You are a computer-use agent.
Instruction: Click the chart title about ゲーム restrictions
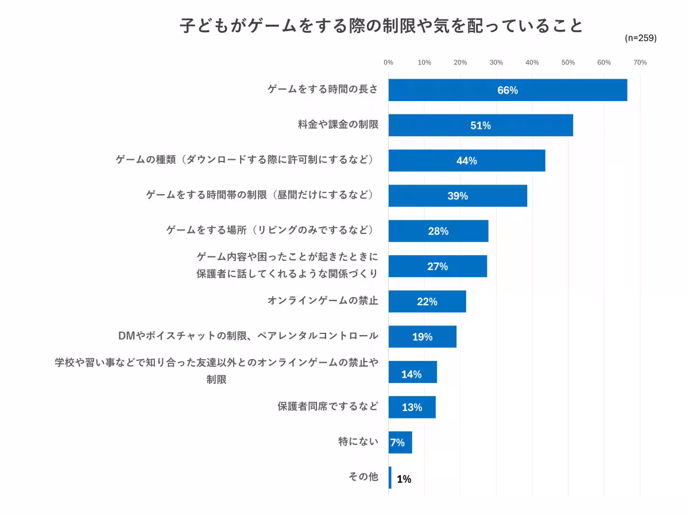tap(381, 26)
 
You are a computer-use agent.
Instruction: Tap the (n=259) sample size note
tap(640, 38)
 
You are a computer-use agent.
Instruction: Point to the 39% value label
tap(458, 196)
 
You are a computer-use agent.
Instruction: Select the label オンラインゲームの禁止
tap(323, 301)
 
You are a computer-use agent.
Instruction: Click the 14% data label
tap(411, 374)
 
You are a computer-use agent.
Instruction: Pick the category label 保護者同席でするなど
tap(328, 406)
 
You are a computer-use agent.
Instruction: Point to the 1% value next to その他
tap(404, 479)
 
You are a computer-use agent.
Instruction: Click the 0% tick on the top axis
tap(388, 63)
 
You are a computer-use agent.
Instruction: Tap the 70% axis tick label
tap(640, 63)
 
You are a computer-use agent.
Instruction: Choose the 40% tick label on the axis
tap(532, 63)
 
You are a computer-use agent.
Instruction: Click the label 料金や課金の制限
tap(338, 124)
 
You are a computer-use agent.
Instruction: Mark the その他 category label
tap(363, 476)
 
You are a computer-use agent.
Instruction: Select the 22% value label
tap(427, 302)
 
